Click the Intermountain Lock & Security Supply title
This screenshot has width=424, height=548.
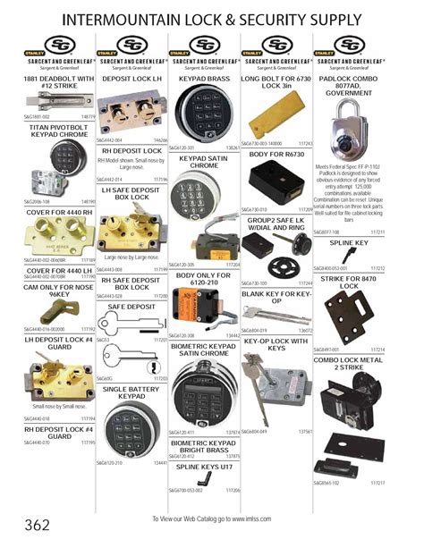coord(212,19)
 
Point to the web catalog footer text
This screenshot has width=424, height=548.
coord(212,518)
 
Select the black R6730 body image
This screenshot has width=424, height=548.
coord(272,187)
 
